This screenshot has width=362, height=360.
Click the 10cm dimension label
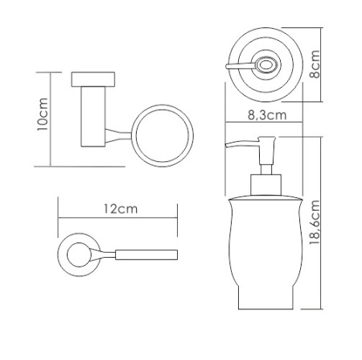pyautogui.click(x=43, y=114)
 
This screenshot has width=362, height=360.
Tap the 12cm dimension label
pyautogui.click(x=121, y=209)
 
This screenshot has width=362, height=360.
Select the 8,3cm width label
pyautogui.click(x=267, y=115)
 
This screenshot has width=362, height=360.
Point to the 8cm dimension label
pyautogui.click(x=315, y=64)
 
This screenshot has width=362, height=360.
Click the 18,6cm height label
pyautogui.click(x=315, y=222)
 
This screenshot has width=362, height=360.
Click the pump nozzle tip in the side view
pyautogui.click(x=226, y=145)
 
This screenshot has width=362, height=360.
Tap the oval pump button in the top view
pyautogui.click(x=265, y=65)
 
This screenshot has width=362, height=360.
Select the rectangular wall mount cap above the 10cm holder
pyautogui.click(x=93, y=80)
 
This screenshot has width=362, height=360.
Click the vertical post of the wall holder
pyautogui.click(x=93, y=117)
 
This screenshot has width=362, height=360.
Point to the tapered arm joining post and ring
pyautogui.click(x=118, y=135)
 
